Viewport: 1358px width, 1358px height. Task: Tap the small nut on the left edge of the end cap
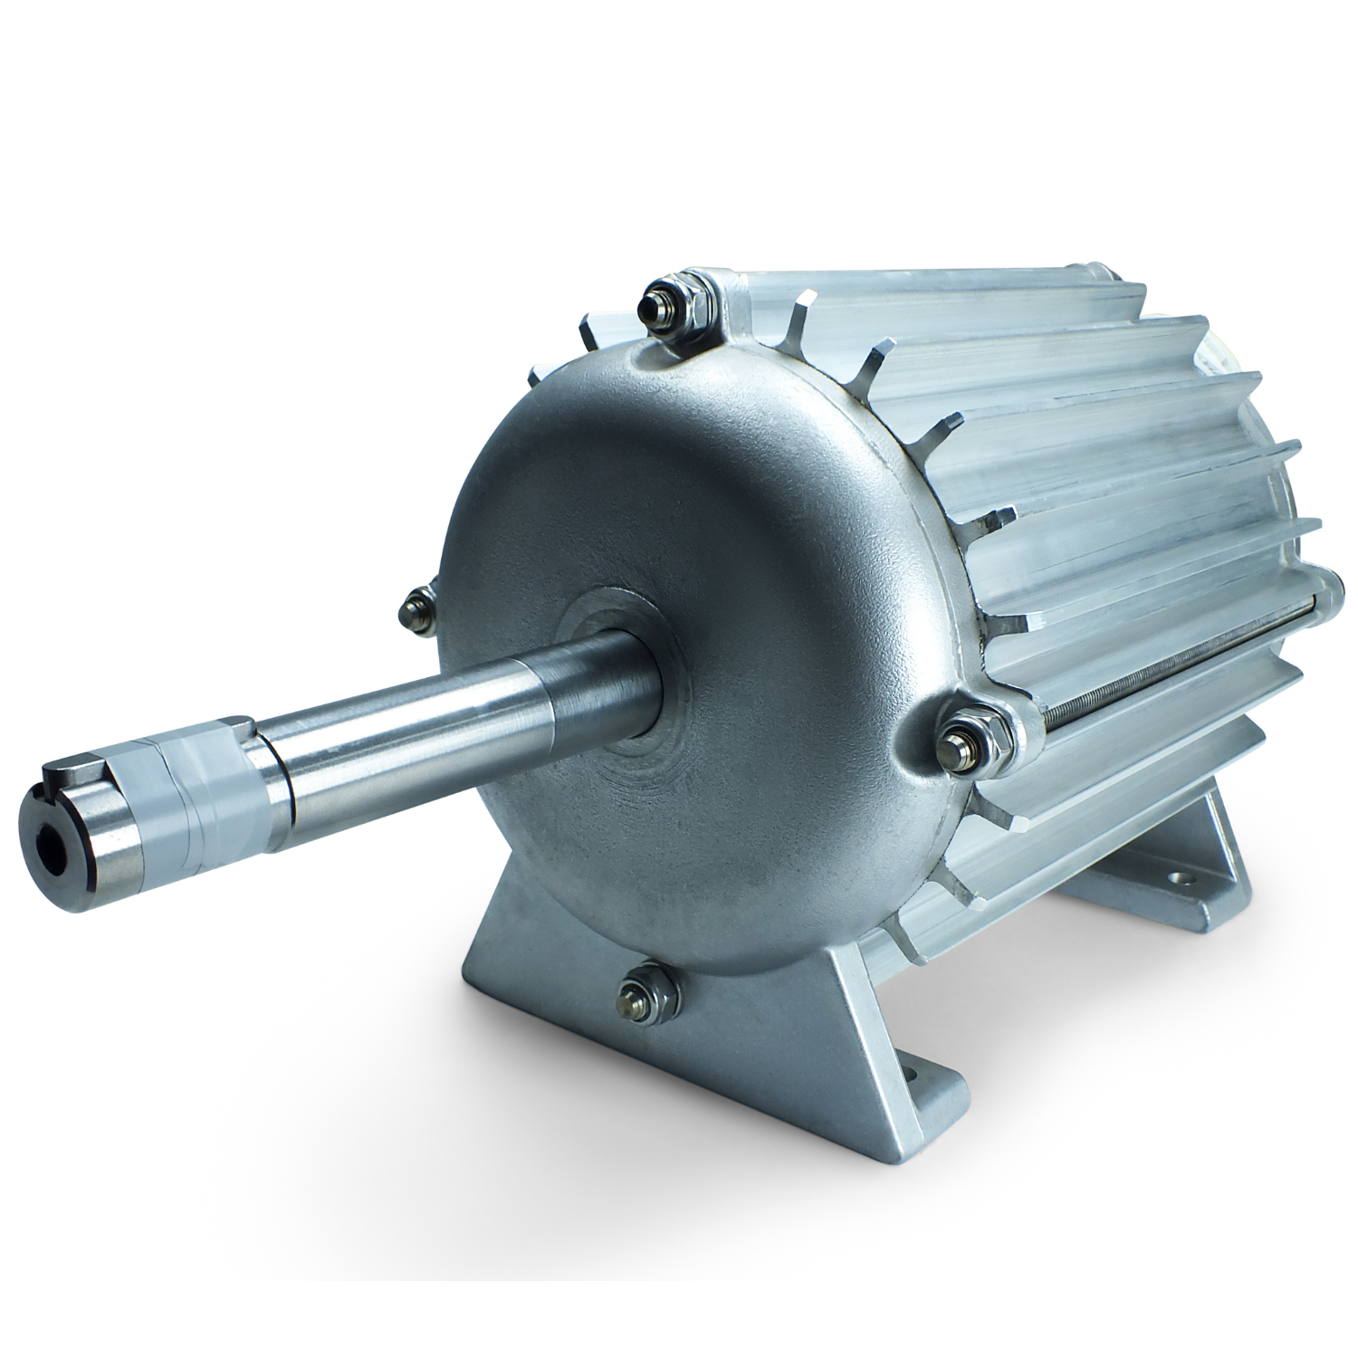pos(419,604)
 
